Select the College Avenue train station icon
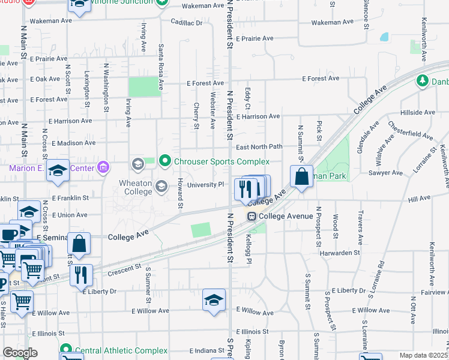click(252, 216)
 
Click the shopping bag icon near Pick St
click(301, 177)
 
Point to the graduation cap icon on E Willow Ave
click(214, 299)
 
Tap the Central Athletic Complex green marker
click(65, 350)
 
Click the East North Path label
click(259, 147)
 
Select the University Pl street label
click(205, 185)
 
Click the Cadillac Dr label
click(187, 23)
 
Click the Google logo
click(20, 353)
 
